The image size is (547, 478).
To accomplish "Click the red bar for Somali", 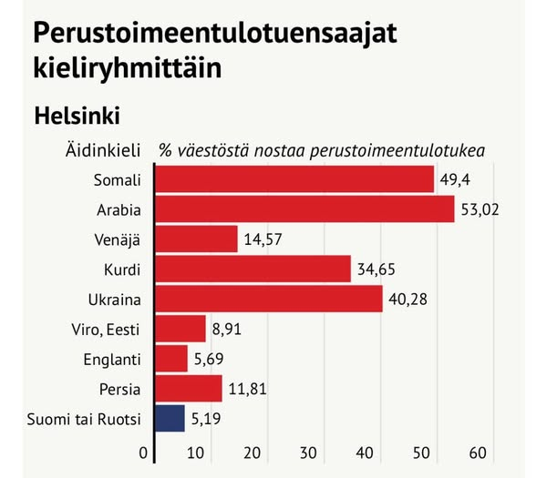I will [294, 179].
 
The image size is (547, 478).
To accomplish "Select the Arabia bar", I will [304, 209].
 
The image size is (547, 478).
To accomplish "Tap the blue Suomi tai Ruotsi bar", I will [170, 419].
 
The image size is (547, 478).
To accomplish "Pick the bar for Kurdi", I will [253, 269].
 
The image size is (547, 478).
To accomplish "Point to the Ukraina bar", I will [269, 299].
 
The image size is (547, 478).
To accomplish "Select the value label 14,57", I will [265, 240].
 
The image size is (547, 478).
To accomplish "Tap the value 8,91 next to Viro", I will [227, 329].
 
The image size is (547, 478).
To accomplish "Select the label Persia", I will [119, 389].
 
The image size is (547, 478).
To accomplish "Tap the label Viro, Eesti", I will [104, 329].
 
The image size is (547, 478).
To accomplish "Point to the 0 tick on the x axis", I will [143, 453].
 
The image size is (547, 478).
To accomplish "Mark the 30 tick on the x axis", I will [309, 453].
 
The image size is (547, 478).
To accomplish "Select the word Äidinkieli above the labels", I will [102, 149].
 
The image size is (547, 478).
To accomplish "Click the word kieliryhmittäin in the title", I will [128, 69].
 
